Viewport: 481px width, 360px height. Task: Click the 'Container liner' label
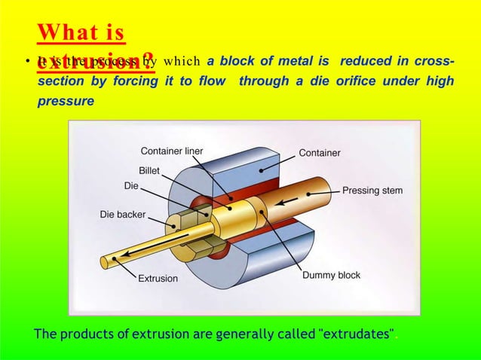tap(172, 151)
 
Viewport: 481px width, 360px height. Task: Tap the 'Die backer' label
tap(123, 215)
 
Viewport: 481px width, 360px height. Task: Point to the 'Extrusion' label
tap(158, 278)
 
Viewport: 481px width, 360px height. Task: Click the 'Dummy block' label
tap(331, 276)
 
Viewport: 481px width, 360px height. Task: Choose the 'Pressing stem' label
tap(372, 191)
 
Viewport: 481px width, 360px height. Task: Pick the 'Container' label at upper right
tap(319, 153)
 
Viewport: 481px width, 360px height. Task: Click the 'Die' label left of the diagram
tap(130, 185)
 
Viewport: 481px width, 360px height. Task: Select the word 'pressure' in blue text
tap(66, 101)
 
